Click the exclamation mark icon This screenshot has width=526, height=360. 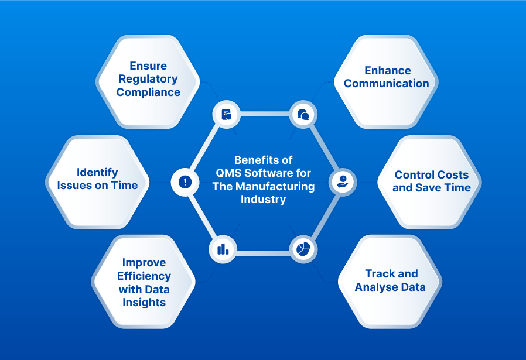click(x=185, y=181)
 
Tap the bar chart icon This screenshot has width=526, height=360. click(x=223, y=249)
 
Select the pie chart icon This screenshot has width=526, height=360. click(x=303, y=249)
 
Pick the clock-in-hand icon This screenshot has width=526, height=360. click(x=343, y=181)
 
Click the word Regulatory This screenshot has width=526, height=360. click(x=148, y=79)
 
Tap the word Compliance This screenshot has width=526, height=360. click(x=148, y=92)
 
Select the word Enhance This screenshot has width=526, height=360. click(x=387, y=70)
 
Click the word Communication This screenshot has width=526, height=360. click(x=387, y=83)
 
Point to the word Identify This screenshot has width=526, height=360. click(x=97, y=172)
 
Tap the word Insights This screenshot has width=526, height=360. click(x=144, y=302)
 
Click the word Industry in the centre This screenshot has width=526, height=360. click(x=263, y=199)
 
